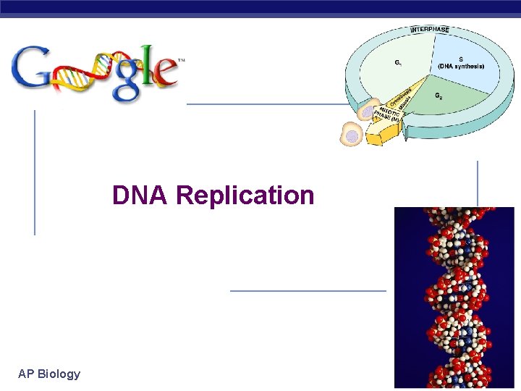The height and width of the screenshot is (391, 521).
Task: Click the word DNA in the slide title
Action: point(140,195)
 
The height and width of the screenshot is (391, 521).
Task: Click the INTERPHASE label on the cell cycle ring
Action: point(430,30)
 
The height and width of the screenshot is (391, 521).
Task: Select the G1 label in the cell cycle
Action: point(399,62)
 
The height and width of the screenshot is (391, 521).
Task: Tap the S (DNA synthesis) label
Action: point(460,64)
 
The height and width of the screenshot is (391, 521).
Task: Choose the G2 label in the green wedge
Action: point(440,96)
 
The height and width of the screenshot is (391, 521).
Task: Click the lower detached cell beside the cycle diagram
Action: point(352,135)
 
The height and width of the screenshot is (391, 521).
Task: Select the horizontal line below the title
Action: point(308,290)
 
